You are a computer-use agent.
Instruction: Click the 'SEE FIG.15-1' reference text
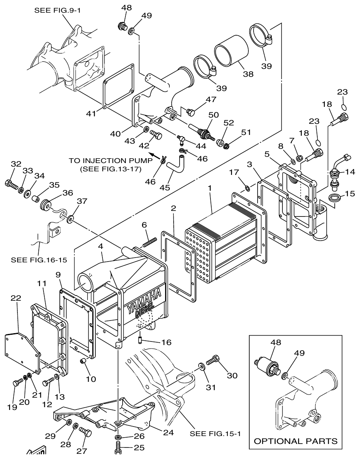tap(215, 433)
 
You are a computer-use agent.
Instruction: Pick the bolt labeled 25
tap(118, 448)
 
